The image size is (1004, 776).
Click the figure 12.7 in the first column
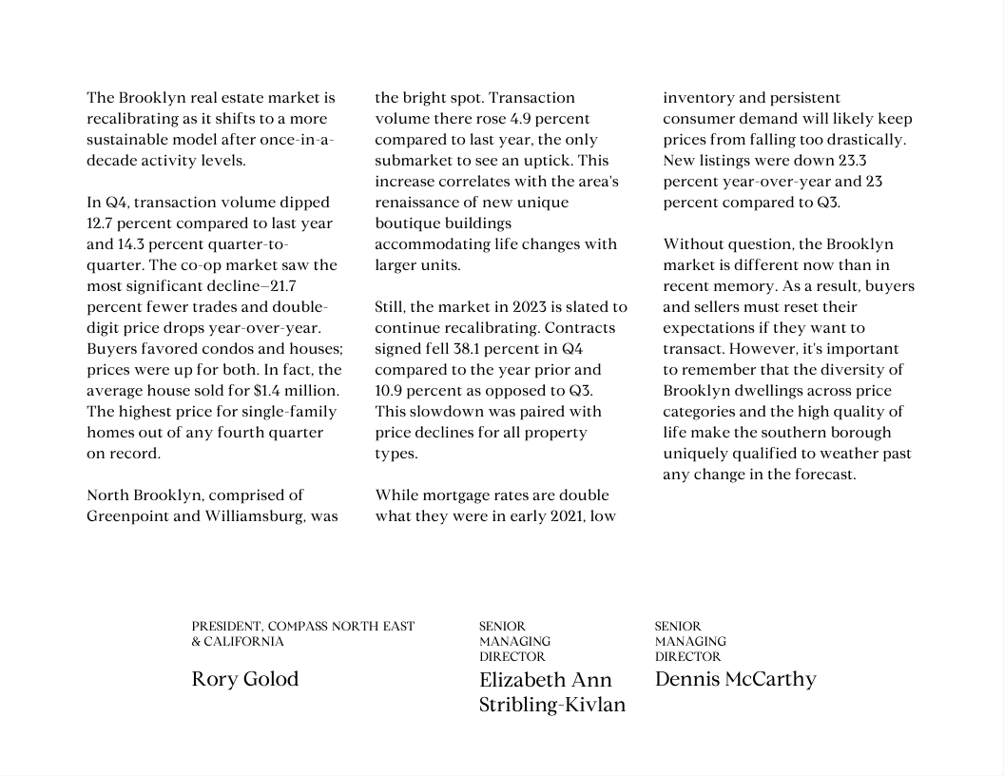point(102,223)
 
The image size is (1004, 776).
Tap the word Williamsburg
point(254,516)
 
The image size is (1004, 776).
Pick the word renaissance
point(420,203)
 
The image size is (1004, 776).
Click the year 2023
point(530,307)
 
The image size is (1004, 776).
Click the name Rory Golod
point(245,679)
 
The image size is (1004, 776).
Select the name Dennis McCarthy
point(735,679)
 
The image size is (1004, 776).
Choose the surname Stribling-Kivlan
point(552,705)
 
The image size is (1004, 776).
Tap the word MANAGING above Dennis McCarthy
point(690,642)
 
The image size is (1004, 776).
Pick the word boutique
point(408,223)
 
